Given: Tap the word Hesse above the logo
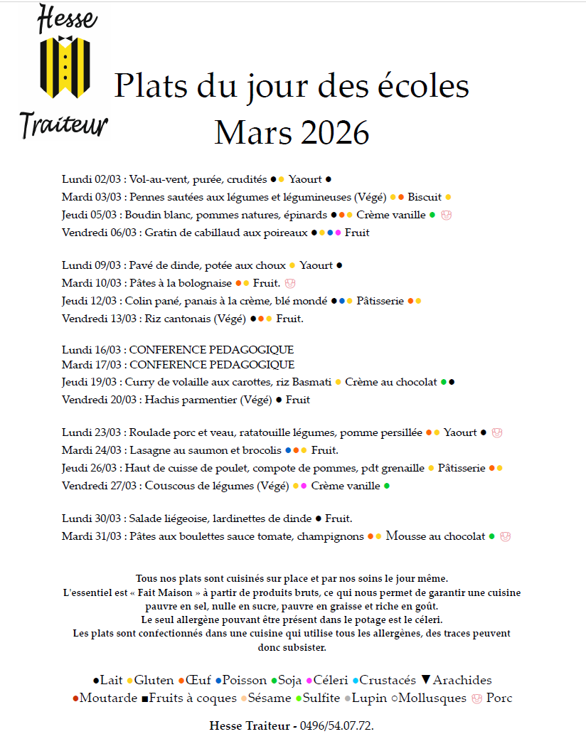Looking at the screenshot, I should pos(67,18).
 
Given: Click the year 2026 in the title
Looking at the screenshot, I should pos(331,132).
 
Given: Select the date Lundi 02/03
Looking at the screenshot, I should pos(92,179).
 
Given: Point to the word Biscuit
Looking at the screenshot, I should pos(425,197).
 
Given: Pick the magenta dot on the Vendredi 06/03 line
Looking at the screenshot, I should pos(339,233).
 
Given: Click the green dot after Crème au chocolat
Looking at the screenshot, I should pos(444,382).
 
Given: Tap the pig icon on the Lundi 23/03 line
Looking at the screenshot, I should pos(497,432).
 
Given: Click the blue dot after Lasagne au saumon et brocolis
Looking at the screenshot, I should pos(288,450).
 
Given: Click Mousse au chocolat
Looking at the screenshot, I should pos(435,536).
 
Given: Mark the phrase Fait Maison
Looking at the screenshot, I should pos(161,592).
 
